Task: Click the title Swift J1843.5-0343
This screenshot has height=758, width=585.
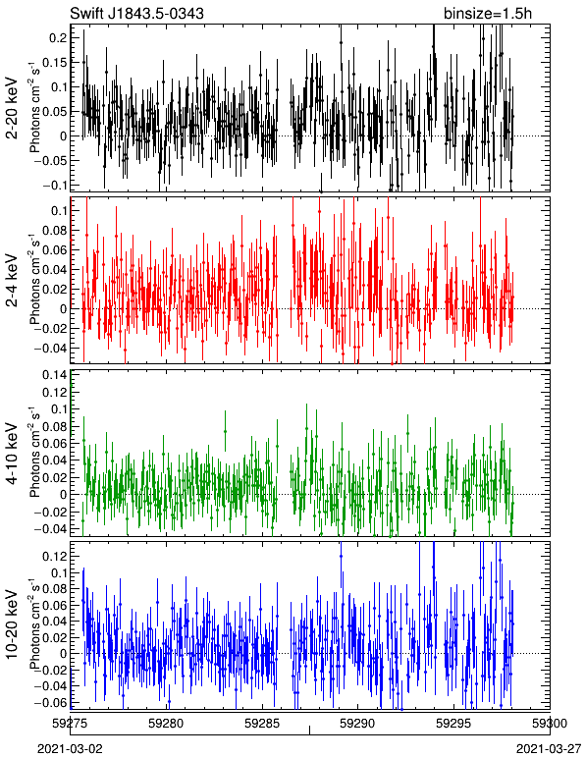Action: tap(136, 13)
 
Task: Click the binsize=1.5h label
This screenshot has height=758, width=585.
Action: tap(488, 14)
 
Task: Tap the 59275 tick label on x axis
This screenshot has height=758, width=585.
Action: tap(71, 724)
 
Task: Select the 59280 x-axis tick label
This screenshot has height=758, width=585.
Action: tap(166, 724)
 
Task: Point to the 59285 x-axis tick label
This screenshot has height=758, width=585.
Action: tap(262, 724)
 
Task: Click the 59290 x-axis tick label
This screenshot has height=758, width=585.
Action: tap(358, 724)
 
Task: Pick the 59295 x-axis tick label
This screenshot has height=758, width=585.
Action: tap(453, 724)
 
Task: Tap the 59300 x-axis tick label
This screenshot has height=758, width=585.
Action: tap(550, 724)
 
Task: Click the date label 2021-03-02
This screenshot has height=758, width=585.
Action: tap(71, 749)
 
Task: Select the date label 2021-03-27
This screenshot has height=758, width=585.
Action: tap(549, 749)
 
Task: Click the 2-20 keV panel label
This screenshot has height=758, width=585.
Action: tap(13, 108)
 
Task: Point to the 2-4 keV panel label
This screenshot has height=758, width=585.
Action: tap(13, 281)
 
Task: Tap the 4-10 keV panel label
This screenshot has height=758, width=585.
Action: tap(13, 454)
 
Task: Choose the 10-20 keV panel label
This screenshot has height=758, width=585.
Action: tap(13, 623)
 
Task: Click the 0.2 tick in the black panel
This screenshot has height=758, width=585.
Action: tap(55, 37)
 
